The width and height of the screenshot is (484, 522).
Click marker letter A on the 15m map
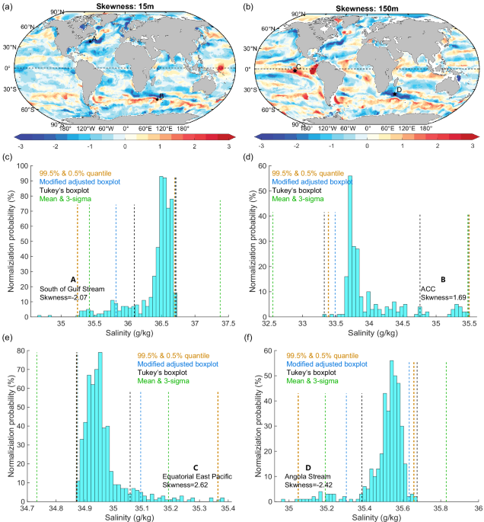(x=94, y=37)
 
